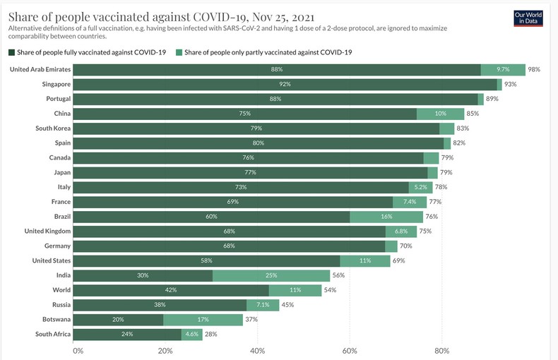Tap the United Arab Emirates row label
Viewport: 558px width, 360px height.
[x=40, y=69]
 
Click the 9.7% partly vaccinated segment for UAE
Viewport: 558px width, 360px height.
[x=503, y=69]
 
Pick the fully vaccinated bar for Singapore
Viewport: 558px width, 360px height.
[x=285, y=84]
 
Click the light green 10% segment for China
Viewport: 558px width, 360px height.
[x=440, y=114]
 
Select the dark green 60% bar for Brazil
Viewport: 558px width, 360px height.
[x=211, y=217]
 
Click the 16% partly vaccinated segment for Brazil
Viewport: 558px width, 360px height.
[x=386, y=217]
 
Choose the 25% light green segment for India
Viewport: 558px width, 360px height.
[x=271, y=275]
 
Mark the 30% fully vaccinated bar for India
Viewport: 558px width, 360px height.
[x=143, y=275]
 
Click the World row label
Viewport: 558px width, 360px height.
[x=60, y=290]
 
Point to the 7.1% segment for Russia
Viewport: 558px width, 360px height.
[x=262, y=305]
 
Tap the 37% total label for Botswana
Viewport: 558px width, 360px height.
[x=251, y=320]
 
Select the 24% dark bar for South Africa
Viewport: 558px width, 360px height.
[x=127, y=335]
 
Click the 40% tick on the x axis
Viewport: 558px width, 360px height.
[x=258, y=351]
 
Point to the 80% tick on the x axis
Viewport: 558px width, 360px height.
[x=441, y=351]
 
